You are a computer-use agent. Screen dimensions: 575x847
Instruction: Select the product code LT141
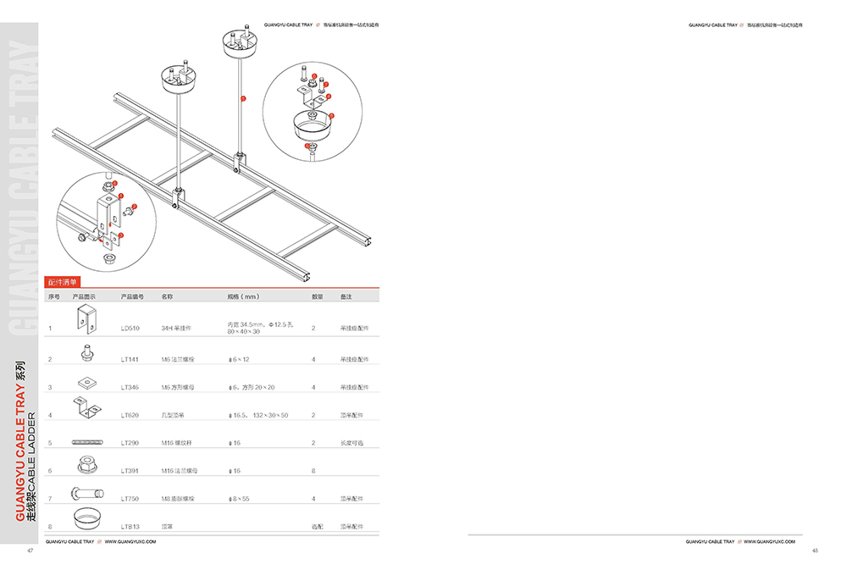pyautogui.click(x=130, y=360)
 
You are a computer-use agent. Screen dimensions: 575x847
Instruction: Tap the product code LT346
pyautogui.click(x=130, y=387)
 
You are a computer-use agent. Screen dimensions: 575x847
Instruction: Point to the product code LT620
pyautogui.click(x=130, y=415)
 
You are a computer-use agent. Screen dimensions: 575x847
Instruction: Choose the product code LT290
pyautogui.click(x=130, y=443)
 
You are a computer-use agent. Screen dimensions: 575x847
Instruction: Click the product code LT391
pyautogui.click(x=130, y=470)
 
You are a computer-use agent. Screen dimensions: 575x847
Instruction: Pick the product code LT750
pyautogui.click(x=130, y=499)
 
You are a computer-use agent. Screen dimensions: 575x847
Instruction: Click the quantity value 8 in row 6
pyautogui.click(x=313, y=470)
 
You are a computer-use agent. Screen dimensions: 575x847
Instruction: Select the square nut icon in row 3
pyautogui.click(x=86, y=384)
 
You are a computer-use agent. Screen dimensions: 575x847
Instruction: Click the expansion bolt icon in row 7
pyautogui.click(x=86, y=493)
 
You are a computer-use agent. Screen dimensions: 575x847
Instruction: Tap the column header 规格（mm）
pyautogui.click(x=242, y=297)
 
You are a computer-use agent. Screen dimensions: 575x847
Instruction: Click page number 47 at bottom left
pyautogui.click(x=30, y=551)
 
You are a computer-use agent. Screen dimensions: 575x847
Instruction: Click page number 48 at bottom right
pyautogui.click(x=815, y=551)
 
